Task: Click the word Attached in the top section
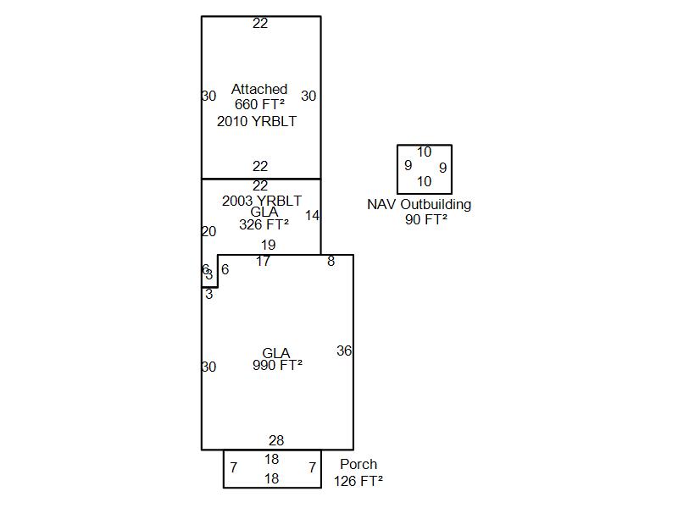(259, 89)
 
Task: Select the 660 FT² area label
(259, 104)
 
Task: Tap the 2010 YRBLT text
(257, 121)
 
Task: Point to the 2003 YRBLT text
(262, 201)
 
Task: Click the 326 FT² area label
(264, 224)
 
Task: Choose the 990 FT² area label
(277, 365)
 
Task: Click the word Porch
(358, 464)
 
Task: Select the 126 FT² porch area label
(358, 480)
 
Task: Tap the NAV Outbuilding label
(420, 204)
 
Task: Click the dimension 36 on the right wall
(344, 351)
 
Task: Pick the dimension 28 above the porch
(276, 440)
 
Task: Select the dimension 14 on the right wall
(312, 215)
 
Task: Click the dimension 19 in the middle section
(268, 245)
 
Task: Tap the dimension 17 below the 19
(264, 261)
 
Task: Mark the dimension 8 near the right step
(331, 261)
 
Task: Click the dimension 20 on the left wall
(208, 231)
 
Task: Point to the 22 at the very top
(260, 23)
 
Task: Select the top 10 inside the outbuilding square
(424, 152)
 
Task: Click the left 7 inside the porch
(233, 467)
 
